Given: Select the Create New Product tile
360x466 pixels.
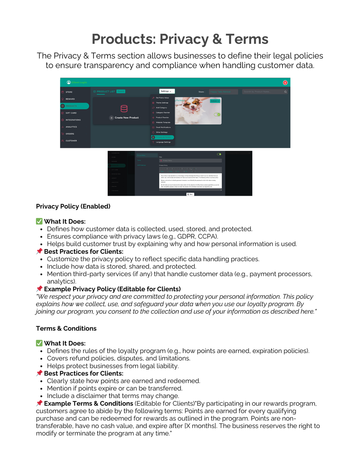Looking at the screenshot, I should pyautogui.click(x=124, y=117).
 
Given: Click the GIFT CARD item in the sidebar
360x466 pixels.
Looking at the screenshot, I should pyautogui.click(x=71, y=113).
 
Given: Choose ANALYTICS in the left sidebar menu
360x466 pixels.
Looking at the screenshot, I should pyautogui.click(x=71, y=127).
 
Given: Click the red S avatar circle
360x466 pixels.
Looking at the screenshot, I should pyautogui.click(x=285, y=83).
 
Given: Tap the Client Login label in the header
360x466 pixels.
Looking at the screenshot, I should pyautogui.click(x=79, y=82).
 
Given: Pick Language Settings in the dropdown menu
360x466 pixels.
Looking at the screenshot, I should pyautogui.click(x=163, y=142).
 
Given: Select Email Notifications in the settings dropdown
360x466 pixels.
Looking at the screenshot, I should pyautogui.click(x=163, y=127).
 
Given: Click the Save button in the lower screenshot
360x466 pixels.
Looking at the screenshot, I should pyautogui.click(x=190, y=194).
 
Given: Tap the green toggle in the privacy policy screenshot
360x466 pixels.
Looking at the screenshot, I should pyautogui.click(x=219, y=154).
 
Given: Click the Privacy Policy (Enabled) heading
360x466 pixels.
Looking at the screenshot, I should pyautogui.click(x=73, y=206).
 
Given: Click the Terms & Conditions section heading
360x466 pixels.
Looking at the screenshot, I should pyautogui.click(x=66, y=329).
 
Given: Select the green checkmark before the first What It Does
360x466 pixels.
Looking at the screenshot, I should pyautogui.click(x=39, y=222).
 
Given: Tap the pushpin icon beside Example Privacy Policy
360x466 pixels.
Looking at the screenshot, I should pyautogui.click(x=39, y=289).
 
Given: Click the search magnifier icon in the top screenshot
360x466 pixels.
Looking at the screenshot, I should pyautogui.click(x=285, y=92).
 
